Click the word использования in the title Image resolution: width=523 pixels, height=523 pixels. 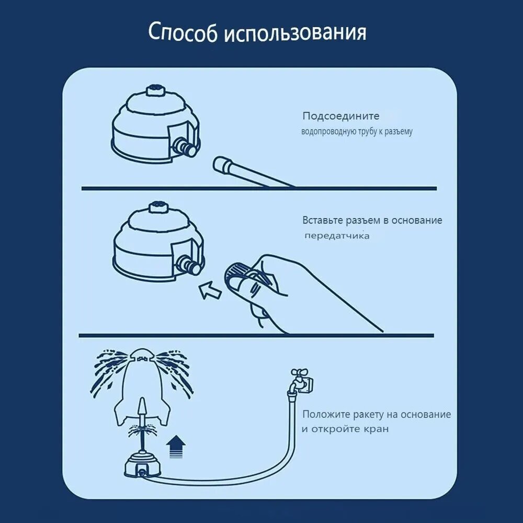tap(295, 33)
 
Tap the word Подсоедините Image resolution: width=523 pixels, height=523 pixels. tap(341, 116)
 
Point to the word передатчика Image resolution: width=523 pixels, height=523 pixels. tap(337, 236)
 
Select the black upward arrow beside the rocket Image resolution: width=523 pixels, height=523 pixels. tap(176, 448)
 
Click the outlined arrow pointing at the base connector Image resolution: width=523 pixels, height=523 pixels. tap(211, 290)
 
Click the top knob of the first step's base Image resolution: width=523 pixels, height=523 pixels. tap(155, 89)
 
